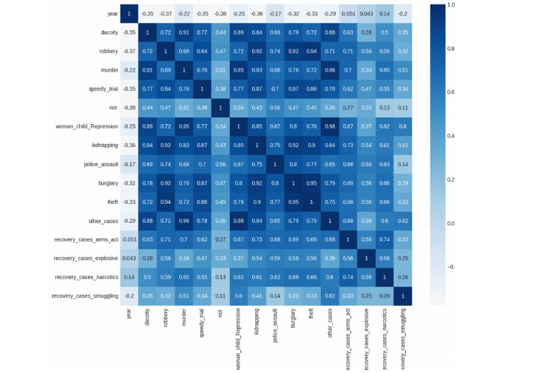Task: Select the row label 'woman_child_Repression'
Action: [87, 126]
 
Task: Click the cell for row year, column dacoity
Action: [146, 13]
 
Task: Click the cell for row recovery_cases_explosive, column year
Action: [127, 258]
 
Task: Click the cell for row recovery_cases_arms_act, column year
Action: [127, 239]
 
